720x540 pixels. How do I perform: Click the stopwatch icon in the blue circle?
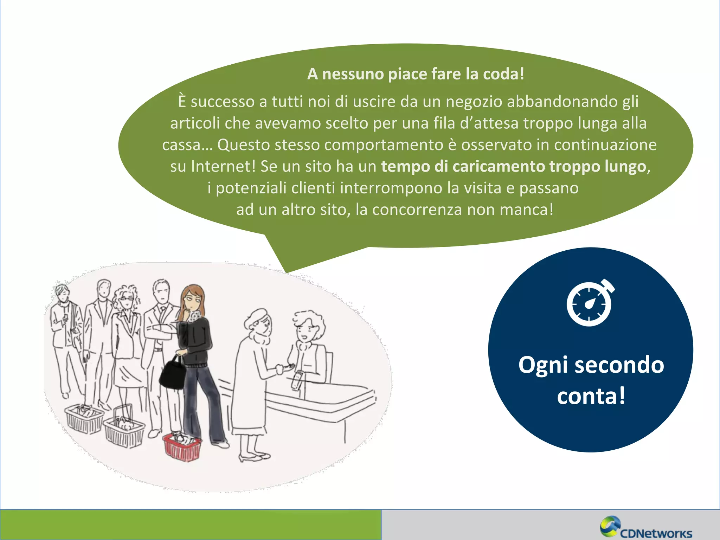[590, 303]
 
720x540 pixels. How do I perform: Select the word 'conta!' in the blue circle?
[591, 396]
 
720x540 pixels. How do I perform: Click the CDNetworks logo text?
[656, 533]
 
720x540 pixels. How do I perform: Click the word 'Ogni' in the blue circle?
[542, 365]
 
